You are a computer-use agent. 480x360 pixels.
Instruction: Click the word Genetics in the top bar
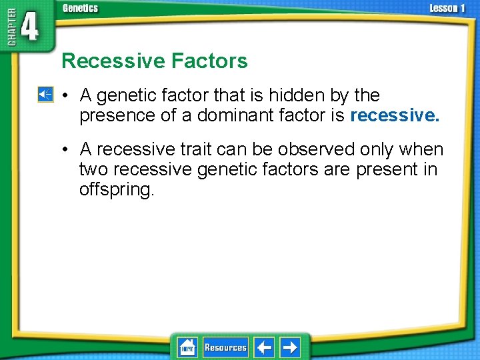80,9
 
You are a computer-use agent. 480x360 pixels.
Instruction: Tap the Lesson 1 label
447,9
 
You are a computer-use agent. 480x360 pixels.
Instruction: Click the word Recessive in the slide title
113,61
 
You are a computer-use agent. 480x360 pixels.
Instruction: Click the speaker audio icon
45,95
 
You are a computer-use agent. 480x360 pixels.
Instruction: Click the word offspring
117,189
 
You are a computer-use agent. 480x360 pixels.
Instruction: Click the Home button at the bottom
187,347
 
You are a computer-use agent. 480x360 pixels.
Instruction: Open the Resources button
225,347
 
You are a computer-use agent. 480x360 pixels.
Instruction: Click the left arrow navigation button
264,347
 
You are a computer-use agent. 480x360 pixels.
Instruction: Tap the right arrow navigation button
290,347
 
